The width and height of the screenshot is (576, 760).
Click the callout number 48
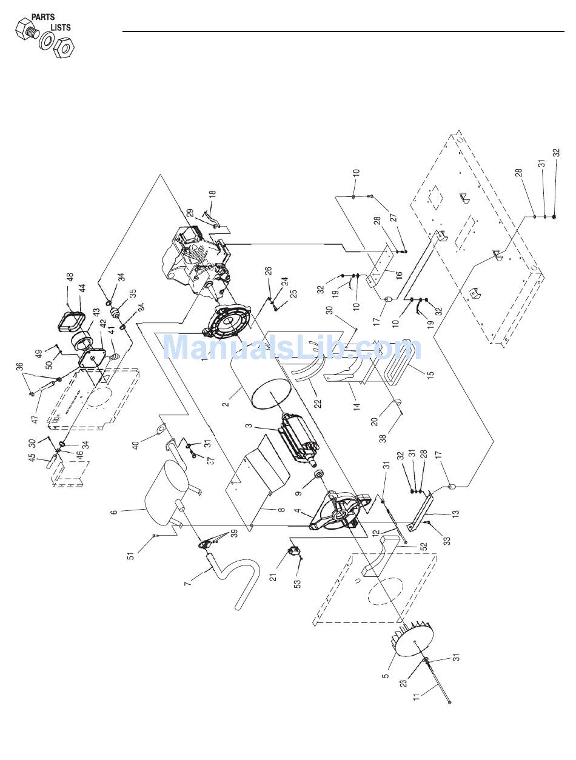click(70, 278)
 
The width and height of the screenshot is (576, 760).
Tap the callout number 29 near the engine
click(190, 214)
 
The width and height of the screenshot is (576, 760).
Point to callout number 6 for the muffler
click(114, 512)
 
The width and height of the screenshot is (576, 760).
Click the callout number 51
click(131, 553)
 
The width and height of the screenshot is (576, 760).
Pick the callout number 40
click(136, 444)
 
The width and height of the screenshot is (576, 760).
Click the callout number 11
click(416, 696)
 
